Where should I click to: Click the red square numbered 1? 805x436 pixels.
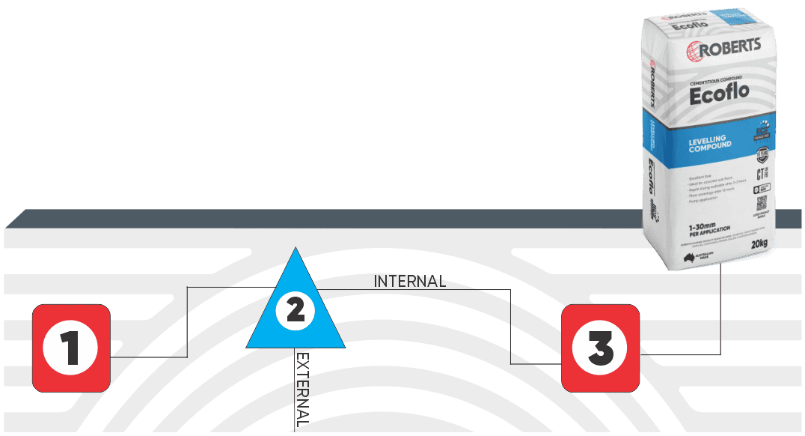tap(72, 347)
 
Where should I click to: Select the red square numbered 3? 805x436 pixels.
tap(601, 348)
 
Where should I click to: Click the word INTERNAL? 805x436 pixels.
tap(409, 282)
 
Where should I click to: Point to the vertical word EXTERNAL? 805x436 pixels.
tap(302, 390)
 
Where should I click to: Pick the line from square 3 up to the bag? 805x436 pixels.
tap(720, 315)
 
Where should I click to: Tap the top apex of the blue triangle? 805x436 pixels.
tap(296, 250)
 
